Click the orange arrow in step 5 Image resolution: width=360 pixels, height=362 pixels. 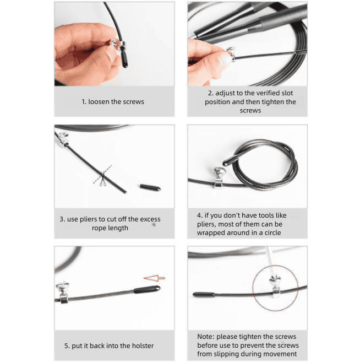pyautogui.click(x=154, y=278)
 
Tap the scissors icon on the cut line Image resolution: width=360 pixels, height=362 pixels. pyautogui.click(x=103, y=181)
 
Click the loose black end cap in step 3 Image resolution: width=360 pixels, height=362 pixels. pyautogui.click(x=150, y=187)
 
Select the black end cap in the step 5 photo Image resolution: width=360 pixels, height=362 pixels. pyautogui.click(x=147, y=289)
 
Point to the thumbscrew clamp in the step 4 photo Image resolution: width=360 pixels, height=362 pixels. pyautogui.click(x=218, y=177)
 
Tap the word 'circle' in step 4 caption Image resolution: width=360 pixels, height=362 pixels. pyautogui.click(x=272, y=233)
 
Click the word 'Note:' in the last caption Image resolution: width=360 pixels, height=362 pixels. pyautogui.click(x=206, y=337)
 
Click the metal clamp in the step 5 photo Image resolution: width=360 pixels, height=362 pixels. pyautogui.click(x=63, y=292)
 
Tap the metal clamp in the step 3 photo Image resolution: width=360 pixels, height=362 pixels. pyautogui.click(x=63, y=139)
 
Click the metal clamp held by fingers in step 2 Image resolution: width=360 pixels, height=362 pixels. pyautogui.click(x=231, y=54)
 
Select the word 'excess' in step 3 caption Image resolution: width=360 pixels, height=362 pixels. pyautogui.click(x=150, y=219)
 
